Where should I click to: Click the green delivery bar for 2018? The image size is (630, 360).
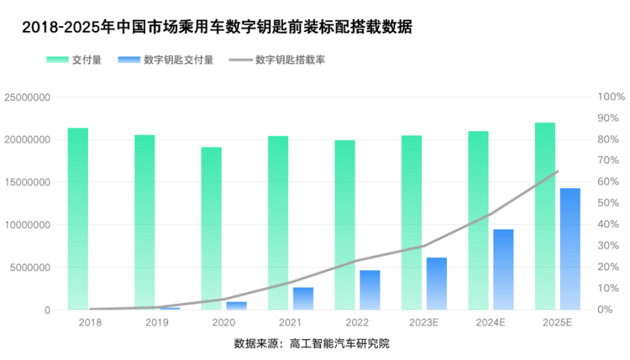78,218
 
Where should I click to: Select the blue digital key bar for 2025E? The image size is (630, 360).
570,249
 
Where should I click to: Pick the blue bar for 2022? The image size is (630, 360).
369,289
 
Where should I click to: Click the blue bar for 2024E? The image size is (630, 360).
503,269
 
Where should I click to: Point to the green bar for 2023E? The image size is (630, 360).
411,222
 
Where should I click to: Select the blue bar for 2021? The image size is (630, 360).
303,298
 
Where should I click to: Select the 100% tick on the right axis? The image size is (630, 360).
611,97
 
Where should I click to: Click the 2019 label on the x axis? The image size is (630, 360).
156,323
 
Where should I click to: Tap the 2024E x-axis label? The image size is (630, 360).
490,323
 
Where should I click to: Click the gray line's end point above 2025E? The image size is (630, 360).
557,172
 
